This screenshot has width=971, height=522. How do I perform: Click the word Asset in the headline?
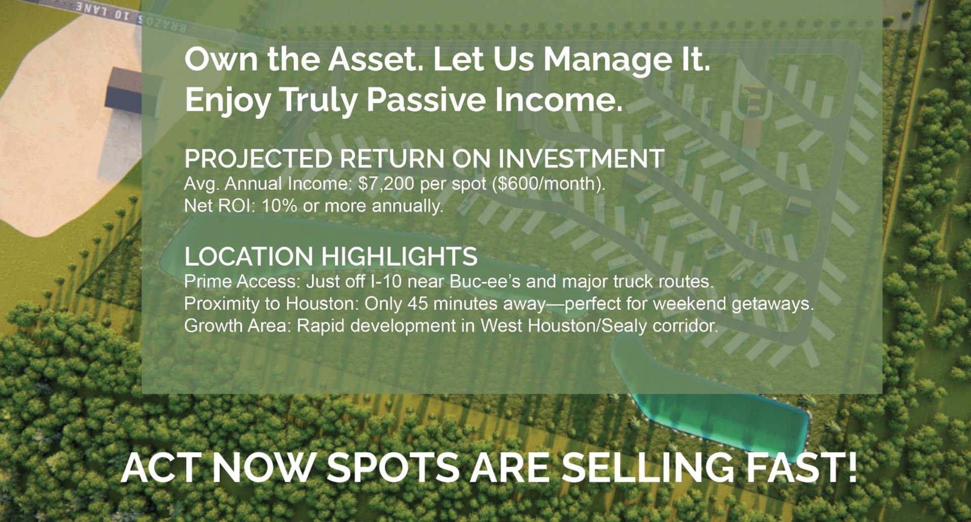tap(376, 59)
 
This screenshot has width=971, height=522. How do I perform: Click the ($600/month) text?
tap(548, 184)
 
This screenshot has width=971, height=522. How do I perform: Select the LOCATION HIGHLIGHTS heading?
tap(331, 256)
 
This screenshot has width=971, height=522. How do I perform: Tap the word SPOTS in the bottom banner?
tap(393, 466)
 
